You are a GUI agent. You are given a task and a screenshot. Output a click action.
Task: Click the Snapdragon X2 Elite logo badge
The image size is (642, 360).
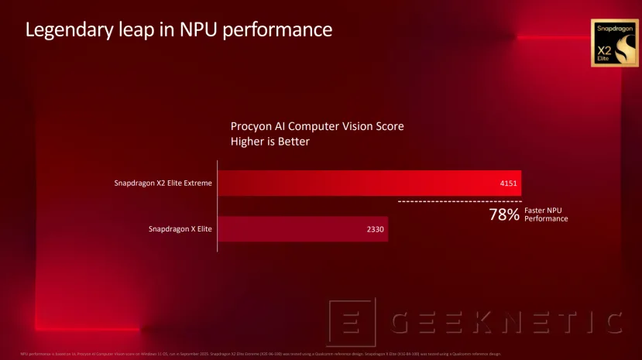tap(614, 43)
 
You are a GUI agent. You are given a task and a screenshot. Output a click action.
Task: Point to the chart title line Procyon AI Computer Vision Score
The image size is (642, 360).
tap(317, 126)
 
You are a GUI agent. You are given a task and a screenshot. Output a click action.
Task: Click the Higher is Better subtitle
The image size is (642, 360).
tap(270, 141)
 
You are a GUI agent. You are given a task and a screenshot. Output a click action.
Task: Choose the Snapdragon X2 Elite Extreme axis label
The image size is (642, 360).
tap(163, 183)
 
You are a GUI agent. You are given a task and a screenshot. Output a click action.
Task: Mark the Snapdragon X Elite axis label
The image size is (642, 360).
tap(180, 229)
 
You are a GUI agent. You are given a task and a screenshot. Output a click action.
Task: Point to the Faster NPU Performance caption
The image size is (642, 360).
tap(546, 214)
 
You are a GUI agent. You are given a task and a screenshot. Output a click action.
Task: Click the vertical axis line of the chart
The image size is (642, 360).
tap(218, 206)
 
